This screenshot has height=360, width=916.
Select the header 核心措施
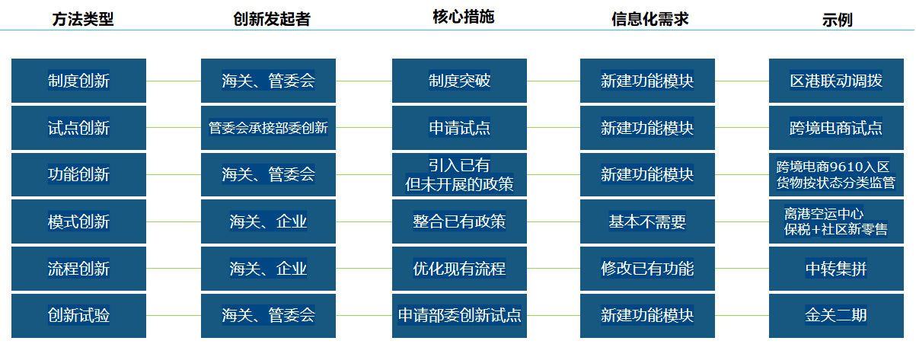coord(463,18)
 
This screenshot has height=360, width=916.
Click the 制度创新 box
coord(78,81)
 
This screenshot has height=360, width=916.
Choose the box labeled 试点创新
coord(78,128)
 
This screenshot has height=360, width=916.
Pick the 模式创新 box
coord(78,221)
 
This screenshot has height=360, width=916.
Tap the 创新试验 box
coord(78,315)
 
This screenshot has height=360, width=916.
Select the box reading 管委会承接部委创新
coord(268,128)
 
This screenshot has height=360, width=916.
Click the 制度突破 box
coord(459,81)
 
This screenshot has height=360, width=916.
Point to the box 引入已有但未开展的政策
coord(459,174)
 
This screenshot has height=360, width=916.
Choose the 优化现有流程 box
coord(459,269)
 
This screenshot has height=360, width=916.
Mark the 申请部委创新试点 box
coord(459,315)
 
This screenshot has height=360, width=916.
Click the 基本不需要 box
coord(647,221)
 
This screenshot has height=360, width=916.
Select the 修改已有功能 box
coord(647,269)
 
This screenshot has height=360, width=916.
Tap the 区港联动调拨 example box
coord(836,81)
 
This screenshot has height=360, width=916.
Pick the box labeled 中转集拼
coord(836,269)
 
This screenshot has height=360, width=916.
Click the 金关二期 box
coord(836,315)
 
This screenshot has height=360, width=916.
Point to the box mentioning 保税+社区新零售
coord(836,221)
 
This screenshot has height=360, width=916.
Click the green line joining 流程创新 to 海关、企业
coord(173,268)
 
